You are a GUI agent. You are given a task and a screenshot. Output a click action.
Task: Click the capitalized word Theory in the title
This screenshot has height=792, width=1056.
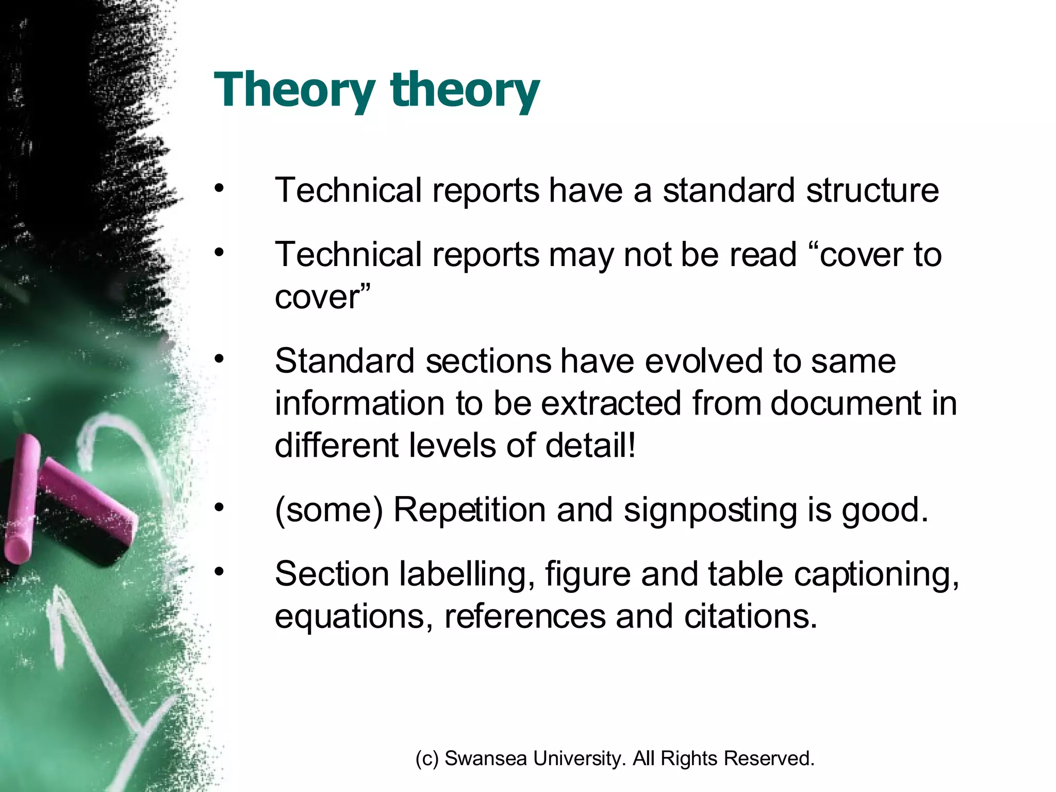(294, 90)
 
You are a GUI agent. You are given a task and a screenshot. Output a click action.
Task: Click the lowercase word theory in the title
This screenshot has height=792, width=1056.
(465, 90)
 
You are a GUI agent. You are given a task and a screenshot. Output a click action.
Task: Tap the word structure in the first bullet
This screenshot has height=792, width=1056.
(872, 190)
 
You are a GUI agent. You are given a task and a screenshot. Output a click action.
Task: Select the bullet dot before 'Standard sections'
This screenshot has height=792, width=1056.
(220, 358)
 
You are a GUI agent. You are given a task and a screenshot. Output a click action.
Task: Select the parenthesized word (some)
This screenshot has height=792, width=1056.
(328, 510)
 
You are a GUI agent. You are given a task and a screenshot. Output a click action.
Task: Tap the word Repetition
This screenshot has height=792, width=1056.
(469, 510)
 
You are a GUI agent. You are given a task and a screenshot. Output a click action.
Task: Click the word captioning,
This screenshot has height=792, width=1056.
(877, 574)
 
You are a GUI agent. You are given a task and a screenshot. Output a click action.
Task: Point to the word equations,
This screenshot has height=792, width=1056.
(354, 617)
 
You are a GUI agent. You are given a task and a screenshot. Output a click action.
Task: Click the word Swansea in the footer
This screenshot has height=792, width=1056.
(485, 758)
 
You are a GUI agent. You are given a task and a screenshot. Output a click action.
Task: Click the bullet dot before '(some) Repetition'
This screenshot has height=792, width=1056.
(220, 507)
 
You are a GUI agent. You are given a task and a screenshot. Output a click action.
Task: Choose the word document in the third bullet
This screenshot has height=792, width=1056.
(845, 403)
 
